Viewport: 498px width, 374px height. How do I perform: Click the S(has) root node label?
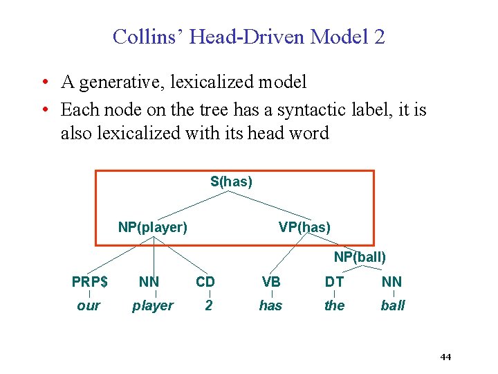pyautogui.click(x=231, y=182)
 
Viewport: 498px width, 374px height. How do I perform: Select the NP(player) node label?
pyautogui.click(x=152, y=227)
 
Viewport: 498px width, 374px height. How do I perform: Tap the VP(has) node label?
pyautogui.click(x=304, y=227)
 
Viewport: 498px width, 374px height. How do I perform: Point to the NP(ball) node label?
pyautogui.click(x=360, y=257)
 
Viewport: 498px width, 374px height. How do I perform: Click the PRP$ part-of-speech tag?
pyautogui.click(x=90, y=282)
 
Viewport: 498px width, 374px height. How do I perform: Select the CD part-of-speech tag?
pyautogui.click(x=205, y=282)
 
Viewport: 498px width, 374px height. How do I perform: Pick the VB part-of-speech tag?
pyautogui.click(x=271, y=282)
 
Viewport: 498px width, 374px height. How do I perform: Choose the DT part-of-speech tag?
pyautogui.click(x=334, y=282)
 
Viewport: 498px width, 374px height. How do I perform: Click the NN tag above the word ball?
pyautogui.click(x=391, y=282)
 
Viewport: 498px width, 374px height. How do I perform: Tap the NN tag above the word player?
pyautogui.click(x=149, y=282)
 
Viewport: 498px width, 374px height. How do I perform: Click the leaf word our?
pyautogui.click(x=89, y=306)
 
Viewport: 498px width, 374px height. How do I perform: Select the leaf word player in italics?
pyautogui.click(x=152, y=306)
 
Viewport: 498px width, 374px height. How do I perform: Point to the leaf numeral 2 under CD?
pyautogui.click(x=208, y=305)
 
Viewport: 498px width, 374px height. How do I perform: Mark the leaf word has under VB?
pyautogui.click(x=270, y=305)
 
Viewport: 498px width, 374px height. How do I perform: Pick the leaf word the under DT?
pyautogui.click(x=334, y=305)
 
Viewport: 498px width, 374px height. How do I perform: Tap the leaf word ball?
pyautogui.click(x=393, y=305)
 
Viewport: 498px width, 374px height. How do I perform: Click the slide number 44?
pyautogui.click(x=445, y=357)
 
